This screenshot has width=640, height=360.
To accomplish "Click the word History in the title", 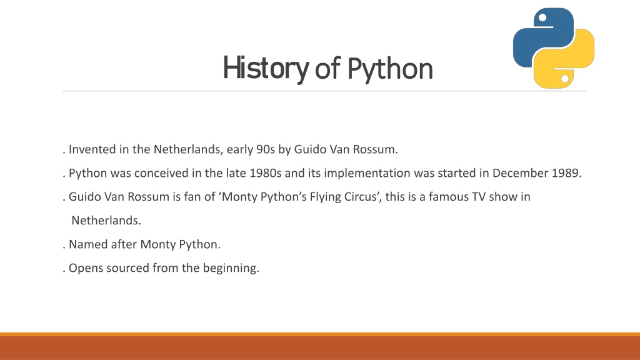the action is (x=266, y=69).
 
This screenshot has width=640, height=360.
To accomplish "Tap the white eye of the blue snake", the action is (x=542, y=17).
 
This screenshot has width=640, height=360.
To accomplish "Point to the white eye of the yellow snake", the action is (x=565, y=78).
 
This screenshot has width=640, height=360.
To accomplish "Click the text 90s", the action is (x=266, y=149).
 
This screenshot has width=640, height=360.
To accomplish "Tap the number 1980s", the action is (x=265, y=173).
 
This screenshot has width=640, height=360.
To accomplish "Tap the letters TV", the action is (x=479, y=197).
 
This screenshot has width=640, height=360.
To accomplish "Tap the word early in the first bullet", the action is (x=240, y=150).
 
